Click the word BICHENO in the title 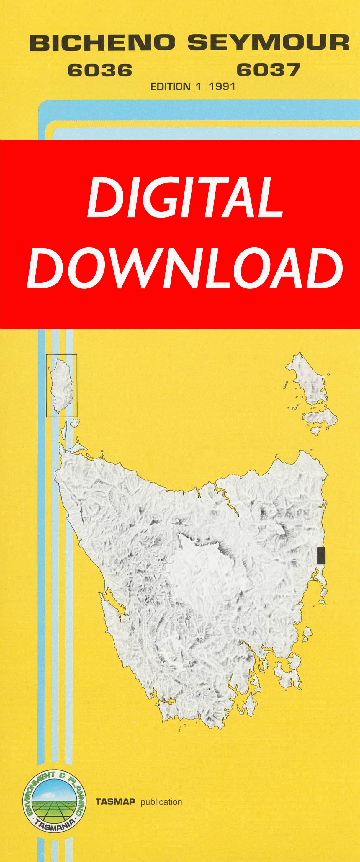coord(102,43)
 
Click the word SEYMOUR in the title coord(268,43)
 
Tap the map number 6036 coord(100,70)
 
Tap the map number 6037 coord(268,70)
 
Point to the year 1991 coord(222,87)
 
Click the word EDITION coord(170,87)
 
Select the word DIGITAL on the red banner coord(185,197)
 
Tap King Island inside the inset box coord(61,385)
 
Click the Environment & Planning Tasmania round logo coord(54,801)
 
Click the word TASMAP coord(115,801)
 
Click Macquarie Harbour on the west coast coord(114,602)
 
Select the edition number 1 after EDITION coord(198,87)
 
